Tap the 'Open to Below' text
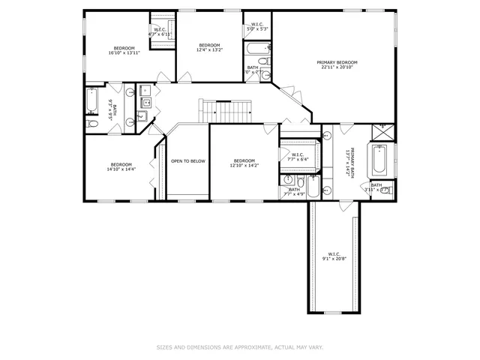point(187,160)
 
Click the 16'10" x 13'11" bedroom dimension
point(124,53)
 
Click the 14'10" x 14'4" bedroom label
point(121,167)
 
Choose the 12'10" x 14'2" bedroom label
point(244,163)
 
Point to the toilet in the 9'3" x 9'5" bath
point(91,123)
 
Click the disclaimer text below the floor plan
point(240,347)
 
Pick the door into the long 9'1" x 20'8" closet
point(334,202)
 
